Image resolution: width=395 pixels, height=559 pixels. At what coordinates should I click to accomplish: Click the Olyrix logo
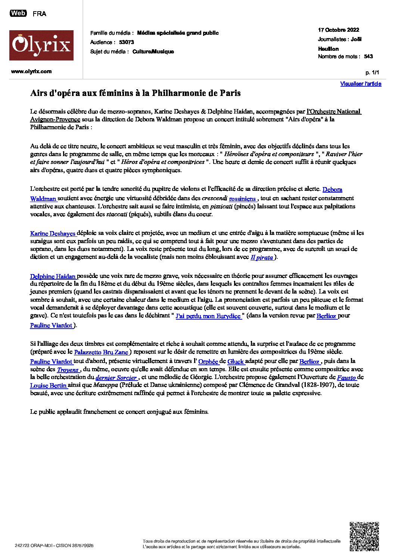click(41, 46)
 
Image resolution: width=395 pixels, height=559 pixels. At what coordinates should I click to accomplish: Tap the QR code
click(364, 536)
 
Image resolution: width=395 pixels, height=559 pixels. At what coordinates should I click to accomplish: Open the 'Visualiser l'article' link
click(360, 84)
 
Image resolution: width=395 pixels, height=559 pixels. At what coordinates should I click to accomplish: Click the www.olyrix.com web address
click(31, 71)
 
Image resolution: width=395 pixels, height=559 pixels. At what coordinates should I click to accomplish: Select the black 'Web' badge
click(18, 13)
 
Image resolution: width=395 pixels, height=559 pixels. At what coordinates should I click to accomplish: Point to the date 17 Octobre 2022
click(338, 30)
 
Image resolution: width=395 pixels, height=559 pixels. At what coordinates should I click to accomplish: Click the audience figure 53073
click(126, 42)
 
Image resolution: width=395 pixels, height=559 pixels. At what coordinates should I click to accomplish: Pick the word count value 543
click(368, 56)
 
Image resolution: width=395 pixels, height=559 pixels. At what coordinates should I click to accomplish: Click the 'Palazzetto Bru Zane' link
click(101, 352)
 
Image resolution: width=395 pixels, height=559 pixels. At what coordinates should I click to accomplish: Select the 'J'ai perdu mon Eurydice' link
click(208, 316)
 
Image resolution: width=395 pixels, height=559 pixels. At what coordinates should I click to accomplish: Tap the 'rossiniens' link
click(242, 199)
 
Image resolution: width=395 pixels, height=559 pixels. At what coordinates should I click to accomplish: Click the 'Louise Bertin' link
click(49, 385)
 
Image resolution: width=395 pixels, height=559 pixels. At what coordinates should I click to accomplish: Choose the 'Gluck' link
click(236, 361)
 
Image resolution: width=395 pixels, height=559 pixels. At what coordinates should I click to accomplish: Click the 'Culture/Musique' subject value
click(153, 52)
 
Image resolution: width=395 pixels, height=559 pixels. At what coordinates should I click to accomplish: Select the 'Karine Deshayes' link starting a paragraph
click(53, 233)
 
